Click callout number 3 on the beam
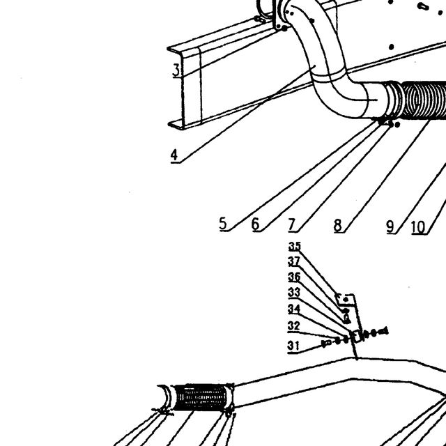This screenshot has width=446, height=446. tap(176, 70)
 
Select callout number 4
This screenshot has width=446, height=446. tap(174, 155)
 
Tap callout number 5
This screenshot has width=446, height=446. tap(223, 223)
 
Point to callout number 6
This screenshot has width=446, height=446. tap(256, 224)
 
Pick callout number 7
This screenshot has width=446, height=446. tap(291, 224)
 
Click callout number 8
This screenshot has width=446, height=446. tap(337, 225)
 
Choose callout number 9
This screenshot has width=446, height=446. tap(390, 226)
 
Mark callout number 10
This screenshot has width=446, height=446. tap(418, 228)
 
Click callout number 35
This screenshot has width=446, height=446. tap(295, 246)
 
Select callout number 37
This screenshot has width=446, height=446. tap(294, 261)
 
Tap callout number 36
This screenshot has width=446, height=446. tap(294, 277)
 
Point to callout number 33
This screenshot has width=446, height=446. tap(294, 293)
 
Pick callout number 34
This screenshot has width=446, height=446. tap(294, 309)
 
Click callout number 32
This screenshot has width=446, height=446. tap(293, 326)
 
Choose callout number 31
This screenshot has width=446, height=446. tap(293, 346)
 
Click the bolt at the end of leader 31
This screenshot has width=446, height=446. tap(326, 344)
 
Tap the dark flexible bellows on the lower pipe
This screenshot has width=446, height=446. tap(200, 397)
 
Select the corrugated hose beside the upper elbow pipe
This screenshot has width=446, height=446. tap(423, 100)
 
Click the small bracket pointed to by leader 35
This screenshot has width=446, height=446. tap(346, 300)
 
